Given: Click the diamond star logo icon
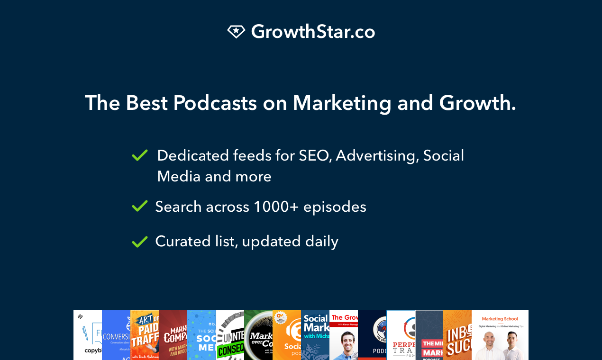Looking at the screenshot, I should point(236,32).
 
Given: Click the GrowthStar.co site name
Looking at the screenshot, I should point(313,32).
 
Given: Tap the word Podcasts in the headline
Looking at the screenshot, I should point(215,103).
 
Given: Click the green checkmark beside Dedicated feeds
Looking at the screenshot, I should point(140,155).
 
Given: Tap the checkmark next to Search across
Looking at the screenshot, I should point(140,207).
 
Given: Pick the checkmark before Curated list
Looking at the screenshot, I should point(140,242).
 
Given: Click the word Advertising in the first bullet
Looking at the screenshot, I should point(377,155).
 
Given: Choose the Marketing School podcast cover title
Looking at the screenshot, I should point(500,319).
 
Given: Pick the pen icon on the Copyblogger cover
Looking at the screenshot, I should point(86,333).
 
